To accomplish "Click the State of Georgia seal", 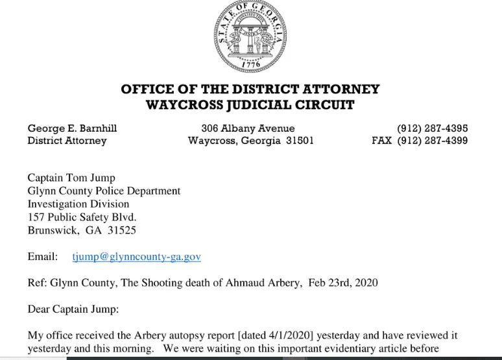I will (250, 36).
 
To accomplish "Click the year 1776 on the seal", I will (250, 65).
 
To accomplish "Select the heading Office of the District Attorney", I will (250, 90).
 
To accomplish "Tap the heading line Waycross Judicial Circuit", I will (250, 105).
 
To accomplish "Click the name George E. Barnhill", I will (72, 128).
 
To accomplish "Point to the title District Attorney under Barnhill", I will (67, 141).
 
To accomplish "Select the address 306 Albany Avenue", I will (248, 128).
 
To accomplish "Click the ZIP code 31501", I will (299, 141).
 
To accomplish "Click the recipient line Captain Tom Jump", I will (71, 178).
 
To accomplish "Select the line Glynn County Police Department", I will (104, 191).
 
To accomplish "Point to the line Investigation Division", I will (78, 204).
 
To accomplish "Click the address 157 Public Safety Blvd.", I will (82, 217).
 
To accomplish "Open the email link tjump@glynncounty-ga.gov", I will (136, 257).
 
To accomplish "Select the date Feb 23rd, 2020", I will (342, 283).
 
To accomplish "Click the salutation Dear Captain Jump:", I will (73, 309).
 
